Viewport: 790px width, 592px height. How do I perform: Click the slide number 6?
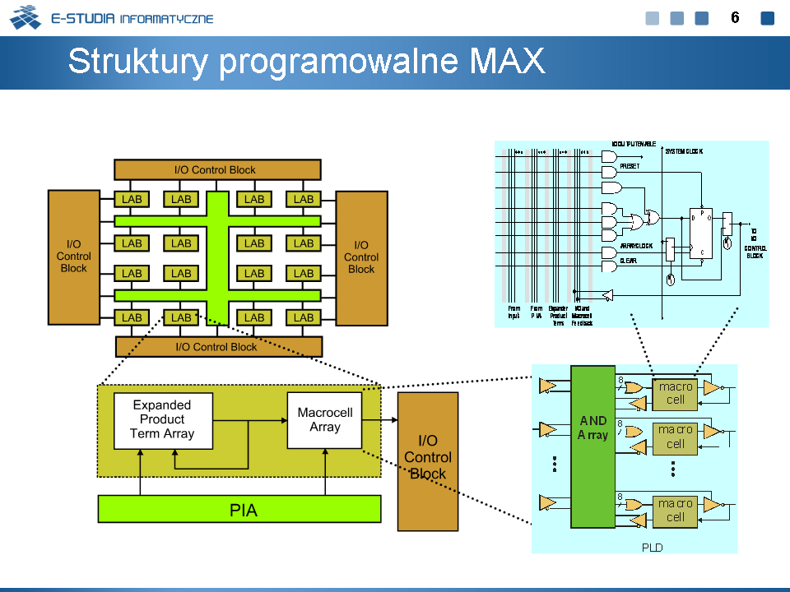point(736,18)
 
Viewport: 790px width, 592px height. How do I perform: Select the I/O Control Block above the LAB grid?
point(216,170)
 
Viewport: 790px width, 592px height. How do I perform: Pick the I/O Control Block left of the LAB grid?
point(73,257)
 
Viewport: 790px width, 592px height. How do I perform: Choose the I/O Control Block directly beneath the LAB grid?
point(217,347)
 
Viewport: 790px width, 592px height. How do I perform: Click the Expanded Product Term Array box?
point(162,420)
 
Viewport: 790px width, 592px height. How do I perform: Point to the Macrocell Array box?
point(324,420)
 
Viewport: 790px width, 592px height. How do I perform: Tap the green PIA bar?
point(239,510)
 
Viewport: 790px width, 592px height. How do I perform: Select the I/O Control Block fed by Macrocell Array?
point(428,460)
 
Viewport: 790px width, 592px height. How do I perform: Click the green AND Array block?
point(592,446)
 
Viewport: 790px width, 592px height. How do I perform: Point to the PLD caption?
point(652,548)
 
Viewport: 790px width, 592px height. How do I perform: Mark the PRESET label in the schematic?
point(630,166)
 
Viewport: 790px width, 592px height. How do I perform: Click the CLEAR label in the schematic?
point(628,261)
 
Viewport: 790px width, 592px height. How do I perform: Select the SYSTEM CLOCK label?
point(684,151)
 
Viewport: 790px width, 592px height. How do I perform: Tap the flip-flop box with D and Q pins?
point(701,234)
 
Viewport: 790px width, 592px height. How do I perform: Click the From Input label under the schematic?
point(513,312)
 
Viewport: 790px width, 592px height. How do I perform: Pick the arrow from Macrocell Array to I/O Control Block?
point(379,419)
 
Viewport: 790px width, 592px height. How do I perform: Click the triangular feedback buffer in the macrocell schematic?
point(608,294)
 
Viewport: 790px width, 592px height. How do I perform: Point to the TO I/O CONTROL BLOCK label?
point(755,243)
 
